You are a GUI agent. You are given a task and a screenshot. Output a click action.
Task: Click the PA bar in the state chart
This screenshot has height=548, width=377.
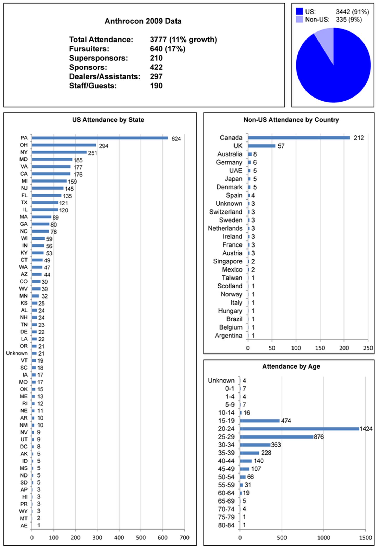click(100, 138)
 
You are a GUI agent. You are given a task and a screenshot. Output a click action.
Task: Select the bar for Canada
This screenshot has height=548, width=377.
click(299, 138)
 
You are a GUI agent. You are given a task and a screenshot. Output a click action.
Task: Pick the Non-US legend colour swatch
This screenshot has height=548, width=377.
click(300, 19)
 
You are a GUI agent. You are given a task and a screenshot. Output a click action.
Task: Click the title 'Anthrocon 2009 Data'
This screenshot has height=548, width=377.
click(143, 21)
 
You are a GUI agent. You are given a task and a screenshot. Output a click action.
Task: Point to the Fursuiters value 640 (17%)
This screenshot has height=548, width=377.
click(167, 49)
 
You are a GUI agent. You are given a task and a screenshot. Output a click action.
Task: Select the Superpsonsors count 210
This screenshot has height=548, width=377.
click(156, 58)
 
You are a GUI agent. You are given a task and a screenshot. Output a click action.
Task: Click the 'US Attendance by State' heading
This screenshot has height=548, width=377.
click(108, 120)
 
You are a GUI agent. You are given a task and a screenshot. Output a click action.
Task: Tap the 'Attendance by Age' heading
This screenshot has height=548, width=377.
click(291, 366)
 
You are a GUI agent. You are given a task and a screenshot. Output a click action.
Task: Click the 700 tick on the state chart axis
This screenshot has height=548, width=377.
click(184, 537)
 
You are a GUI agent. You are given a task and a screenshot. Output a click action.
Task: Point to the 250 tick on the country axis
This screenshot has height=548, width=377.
click(368, 348)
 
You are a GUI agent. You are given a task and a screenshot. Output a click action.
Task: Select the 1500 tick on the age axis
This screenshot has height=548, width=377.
click(365, 537)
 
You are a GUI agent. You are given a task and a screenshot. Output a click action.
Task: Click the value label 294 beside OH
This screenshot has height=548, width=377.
click(103, 146)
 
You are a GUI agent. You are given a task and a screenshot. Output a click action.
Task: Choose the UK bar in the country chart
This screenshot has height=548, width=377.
click(262, 146)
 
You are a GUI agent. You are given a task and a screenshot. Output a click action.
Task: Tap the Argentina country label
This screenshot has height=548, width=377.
click(228, 336)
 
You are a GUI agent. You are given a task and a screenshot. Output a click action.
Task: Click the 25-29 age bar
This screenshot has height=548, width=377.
click(277, 437)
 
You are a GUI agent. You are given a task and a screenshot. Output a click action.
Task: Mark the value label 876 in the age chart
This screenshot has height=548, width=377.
click(319, 437)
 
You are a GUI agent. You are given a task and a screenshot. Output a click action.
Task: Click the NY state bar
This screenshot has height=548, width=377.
click(59, 152)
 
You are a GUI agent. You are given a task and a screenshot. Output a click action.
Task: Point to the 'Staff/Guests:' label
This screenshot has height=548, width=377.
click(93, 86)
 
